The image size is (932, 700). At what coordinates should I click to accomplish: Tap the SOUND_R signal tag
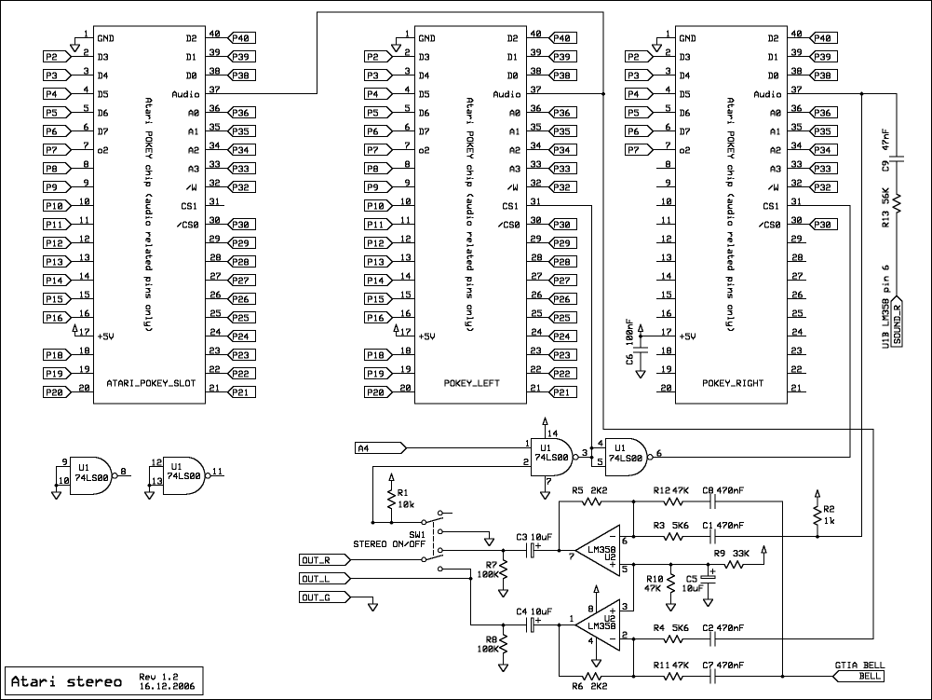coord(898,322)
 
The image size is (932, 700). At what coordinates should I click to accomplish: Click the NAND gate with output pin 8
coord(95,473)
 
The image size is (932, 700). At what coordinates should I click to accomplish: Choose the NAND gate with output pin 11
coord(187,473)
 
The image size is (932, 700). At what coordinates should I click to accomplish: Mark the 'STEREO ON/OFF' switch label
coord(389,543)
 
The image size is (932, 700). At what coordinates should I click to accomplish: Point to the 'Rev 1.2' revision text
coord(157,675)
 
